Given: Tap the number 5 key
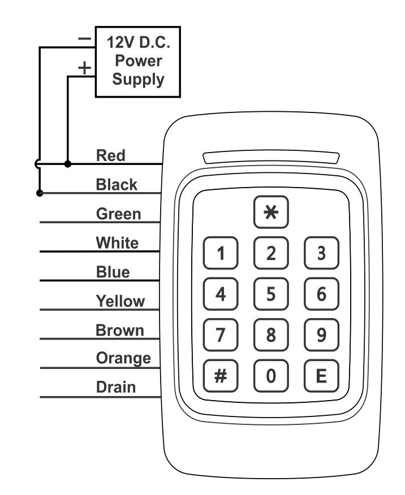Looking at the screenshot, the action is click(x=271, y=294).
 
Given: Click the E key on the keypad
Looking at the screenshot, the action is click(x=322, y=376).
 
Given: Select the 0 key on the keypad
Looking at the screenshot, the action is click(x=271, y=376).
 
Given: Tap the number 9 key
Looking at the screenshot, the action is click(x=322, y=335).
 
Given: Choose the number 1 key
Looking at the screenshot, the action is click(x=221, y=253).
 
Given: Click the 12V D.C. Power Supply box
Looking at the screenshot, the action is click(x=138, y=62).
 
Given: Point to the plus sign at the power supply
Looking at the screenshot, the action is click(x=84, y=68).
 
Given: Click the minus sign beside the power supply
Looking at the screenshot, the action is click(x=84, y=39).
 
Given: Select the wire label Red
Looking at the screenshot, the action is click(x=110, y=155).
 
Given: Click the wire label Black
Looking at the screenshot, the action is click(x=117, y=184).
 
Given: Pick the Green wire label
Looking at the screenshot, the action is click(x=118, y=214).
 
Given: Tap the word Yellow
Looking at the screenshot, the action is click(x=120, y=301).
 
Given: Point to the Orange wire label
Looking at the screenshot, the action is click(x=123, y=358).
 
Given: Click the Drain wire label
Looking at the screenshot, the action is click(x=116, y=387).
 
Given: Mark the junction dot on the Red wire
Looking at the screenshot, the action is click(x=68, y=164).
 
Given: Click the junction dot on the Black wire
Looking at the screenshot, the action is click(x=40, y=193).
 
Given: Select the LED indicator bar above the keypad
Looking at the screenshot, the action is click(x=271, y=157).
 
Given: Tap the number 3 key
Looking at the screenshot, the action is click(x=322, y=253).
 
